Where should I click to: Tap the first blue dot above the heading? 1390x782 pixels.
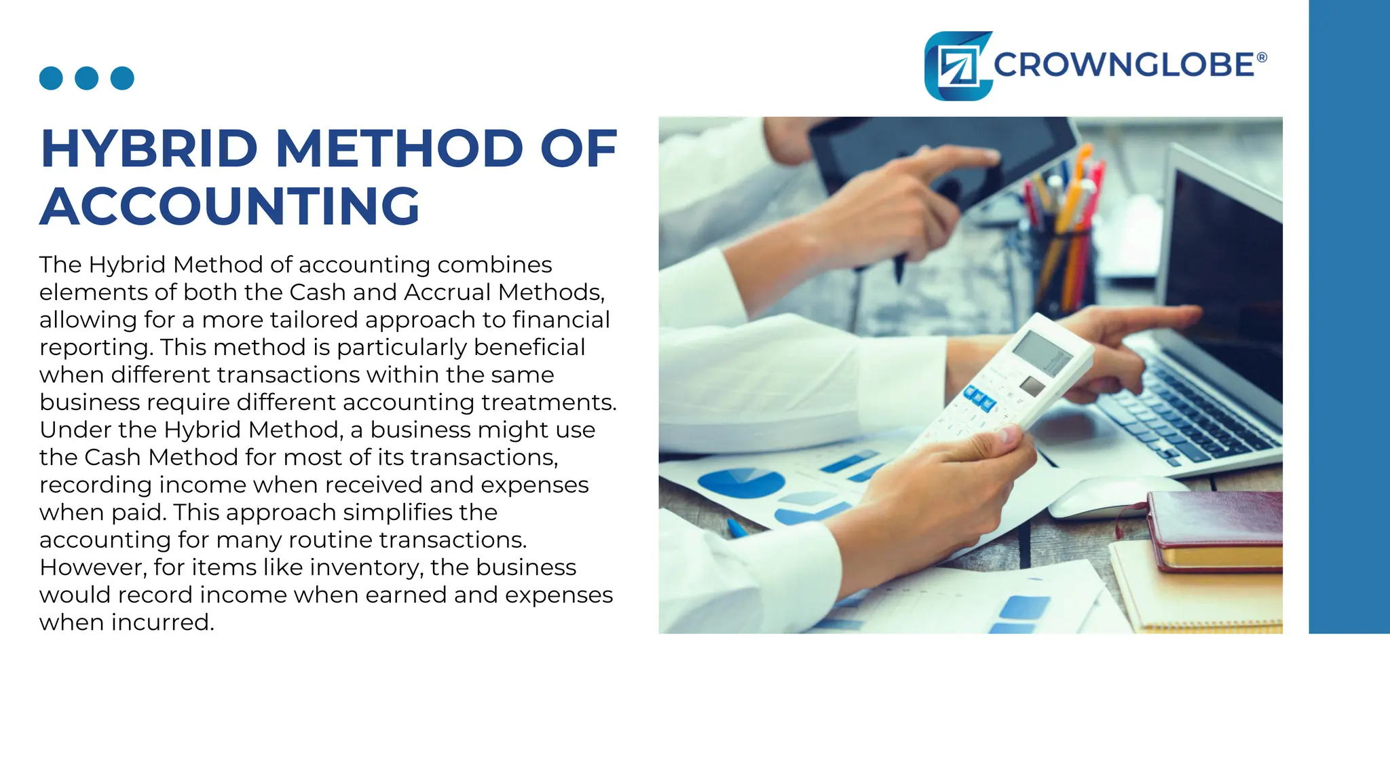point(51,78)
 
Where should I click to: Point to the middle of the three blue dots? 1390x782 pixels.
point(86,78)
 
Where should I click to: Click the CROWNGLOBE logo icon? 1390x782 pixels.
point(958,67)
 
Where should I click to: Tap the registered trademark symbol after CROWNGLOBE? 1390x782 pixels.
point(1262,58)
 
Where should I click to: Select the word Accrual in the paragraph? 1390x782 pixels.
point(447,292)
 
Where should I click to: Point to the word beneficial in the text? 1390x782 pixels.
point(529,347)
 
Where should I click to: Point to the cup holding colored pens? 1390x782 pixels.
point(1062,265)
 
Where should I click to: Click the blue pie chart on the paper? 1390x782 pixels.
point(740,482)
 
